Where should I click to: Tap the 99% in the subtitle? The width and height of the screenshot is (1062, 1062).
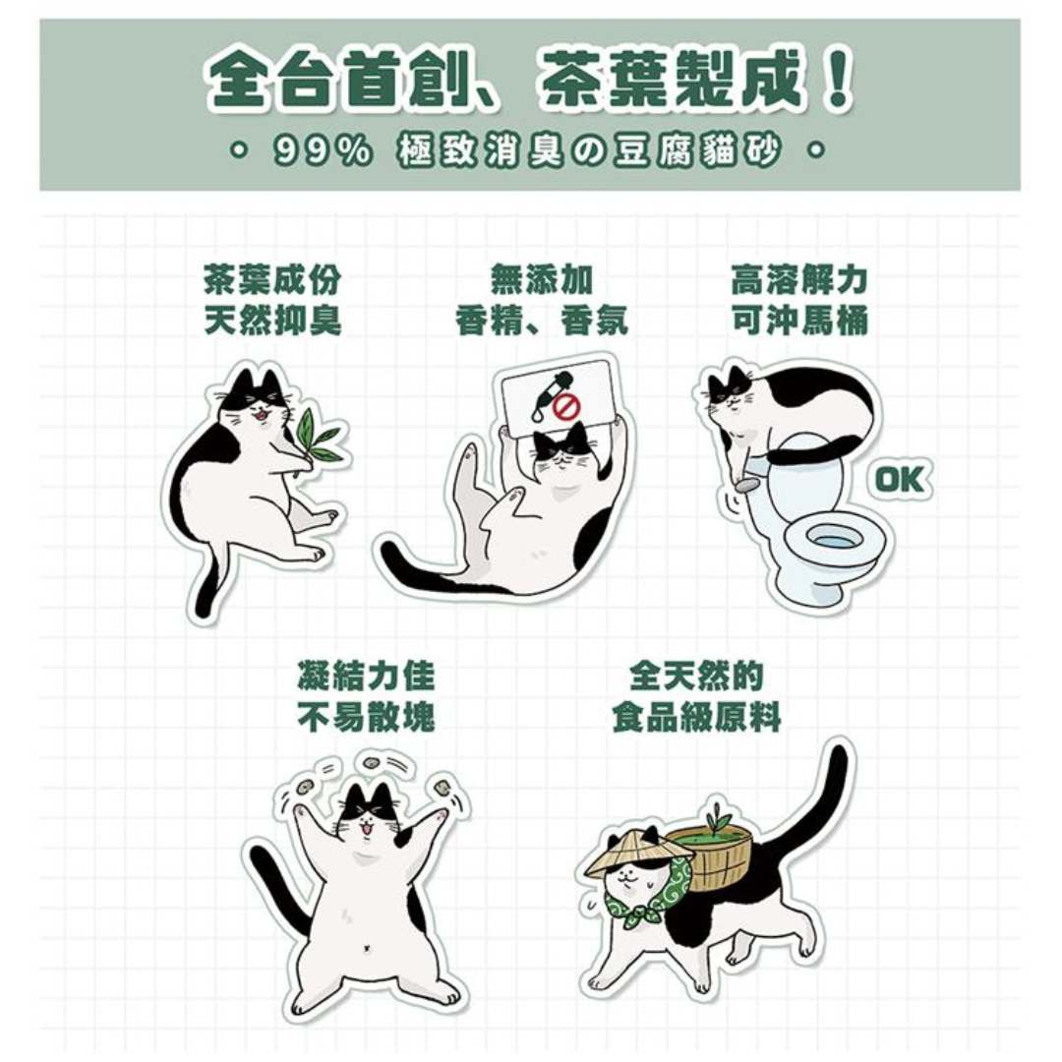[323, 150]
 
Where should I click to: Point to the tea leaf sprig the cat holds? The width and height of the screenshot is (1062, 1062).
[319, 439]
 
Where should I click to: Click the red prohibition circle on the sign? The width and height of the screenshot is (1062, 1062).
[566, 408]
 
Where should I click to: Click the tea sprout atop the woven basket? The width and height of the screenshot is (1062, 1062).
[716, 817]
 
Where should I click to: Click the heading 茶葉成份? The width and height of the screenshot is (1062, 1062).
[272, 278]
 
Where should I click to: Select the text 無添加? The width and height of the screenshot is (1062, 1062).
[542, 278]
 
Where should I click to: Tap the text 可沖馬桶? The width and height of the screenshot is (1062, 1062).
[799, 320]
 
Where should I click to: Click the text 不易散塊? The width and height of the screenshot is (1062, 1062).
[366, 717]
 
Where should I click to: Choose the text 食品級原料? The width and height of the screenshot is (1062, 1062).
[696, 717]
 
